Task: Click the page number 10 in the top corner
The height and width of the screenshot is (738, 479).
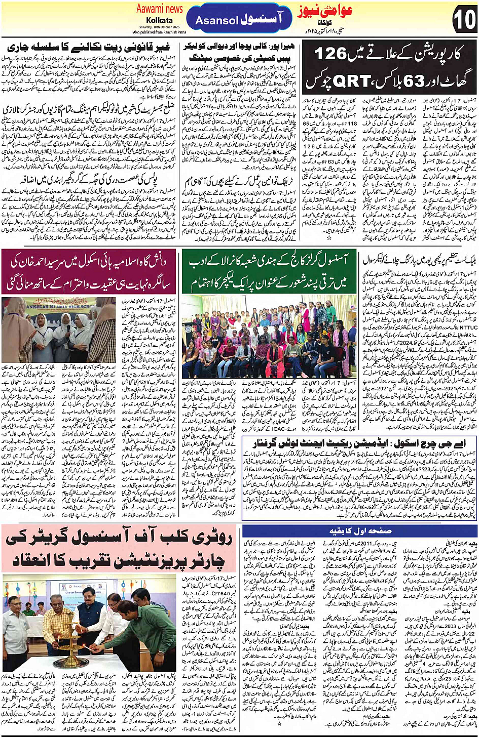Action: point(464,20)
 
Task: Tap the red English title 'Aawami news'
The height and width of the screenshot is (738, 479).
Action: point(159,9)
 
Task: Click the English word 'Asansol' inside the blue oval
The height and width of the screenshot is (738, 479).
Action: point(216,21)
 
